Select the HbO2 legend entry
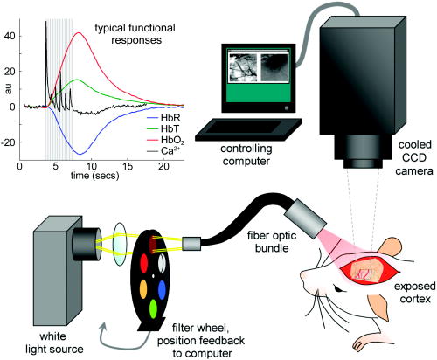165,140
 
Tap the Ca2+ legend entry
165,151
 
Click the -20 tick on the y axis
8,142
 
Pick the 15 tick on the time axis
128,166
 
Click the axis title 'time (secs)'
95,176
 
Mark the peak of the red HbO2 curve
79,32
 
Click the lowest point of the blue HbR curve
80,154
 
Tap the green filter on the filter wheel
153,308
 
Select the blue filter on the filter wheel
162,289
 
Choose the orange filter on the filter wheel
143,289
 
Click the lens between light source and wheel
120,244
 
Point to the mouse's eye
338,289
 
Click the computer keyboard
248,129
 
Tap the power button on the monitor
287,108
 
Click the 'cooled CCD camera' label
414,157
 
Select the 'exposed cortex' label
415,293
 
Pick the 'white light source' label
54,343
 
